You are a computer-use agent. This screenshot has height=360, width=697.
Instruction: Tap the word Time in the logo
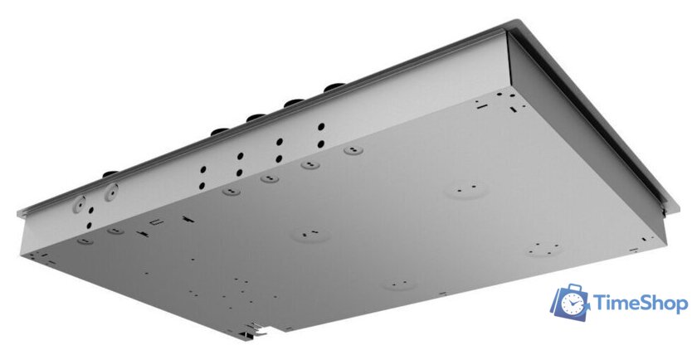(617, 305)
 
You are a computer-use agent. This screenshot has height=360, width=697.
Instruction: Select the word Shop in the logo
(664, 305)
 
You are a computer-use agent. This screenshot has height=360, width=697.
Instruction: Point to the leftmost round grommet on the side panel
(81, 202)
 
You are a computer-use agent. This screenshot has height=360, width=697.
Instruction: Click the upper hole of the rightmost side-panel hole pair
(321, 128)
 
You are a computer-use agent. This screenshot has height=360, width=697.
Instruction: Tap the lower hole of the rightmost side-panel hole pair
(321, 144)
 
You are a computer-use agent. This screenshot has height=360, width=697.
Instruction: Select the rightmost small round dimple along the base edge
(352, 151)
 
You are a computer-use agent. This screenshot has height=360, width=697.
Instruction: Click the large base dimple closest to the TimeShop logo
(543, 247)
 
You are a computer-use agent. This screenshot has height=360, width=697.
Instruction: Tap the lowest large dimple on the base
(399, 285)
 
